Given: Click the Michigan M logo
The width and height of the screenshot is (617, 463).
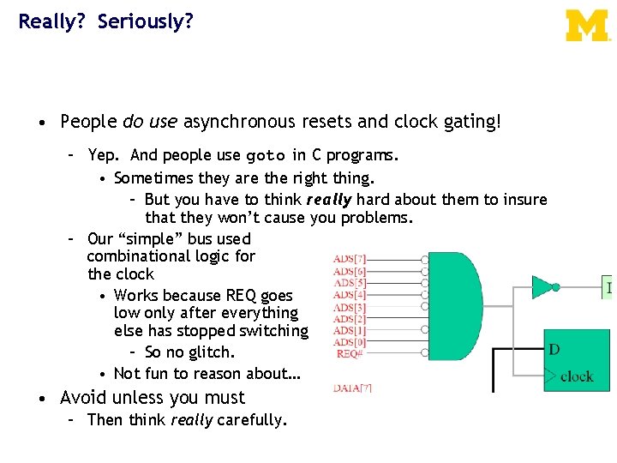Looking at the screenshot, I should point(587,26).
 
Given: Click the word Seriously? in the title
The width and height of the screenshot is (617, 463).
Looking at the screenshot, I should point(145,21).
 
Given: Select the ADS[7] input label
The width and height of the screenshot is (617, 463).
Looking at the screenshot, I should point(350,259).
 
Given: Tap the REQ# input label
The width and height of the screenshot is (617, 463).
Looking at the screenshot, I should point(350,353).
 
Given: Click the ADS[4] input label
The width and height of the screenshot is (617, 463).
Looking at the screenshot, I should point(350,296).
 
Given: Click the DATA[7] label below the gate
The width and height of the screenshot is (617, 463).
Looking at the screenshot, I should point(352,388).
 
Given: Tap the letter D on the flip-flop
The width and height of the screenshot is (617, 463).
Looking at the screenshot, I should point(554,349).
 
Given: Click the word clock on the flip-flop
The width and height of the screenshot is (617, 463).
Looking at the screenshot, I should point(576,376).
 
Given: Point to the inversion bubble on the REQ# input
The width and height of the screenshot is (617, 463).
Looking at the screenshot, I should point(424,353).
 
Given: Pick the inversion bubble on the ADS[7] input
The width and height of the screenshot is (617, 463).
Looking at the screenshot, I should point(424,259).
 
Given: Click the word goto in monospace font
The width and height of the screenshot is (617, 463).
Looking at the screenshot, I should point(267,157).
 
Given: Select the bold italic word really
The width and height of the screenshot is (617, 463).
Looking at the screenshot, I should point(328,200).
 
